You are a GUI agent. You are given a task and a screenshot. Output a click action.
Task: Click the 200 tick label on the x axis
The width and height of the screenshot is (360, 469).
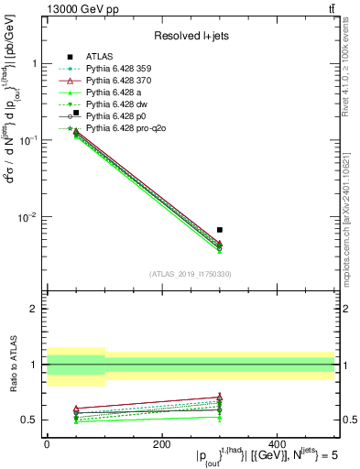(161, 442)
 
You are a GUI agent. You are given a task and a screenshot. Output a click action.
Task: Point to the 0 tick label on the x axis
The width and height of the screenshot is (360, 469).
(47, 442)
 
